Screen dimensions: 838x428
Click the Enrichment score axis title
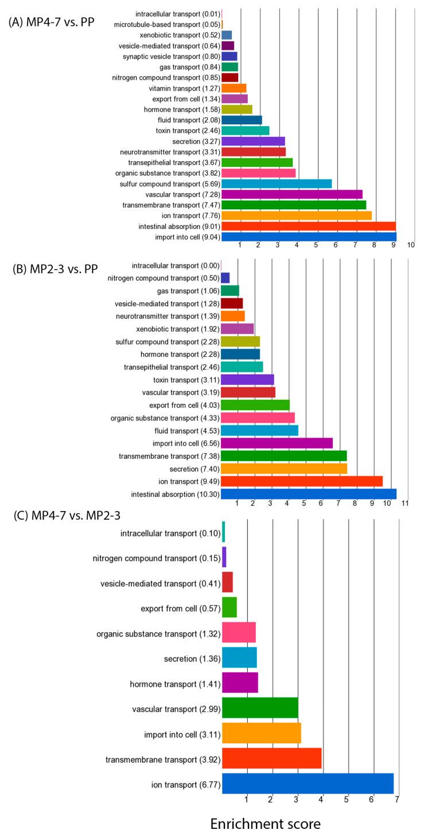pyautogui.click(x=265, y=824)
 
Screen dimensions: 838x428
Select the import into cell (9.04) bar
pyautogui.click(x=309, y=236)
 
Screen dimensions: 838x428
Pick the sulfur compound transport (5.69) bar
pyautogui.click(x=277, y=184)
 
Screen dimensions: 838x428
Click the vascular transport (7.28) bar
pyautogui.click(x=292, y=194)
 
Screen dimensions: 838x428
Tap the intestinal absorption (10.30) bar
pyautogui.click(x=309, y=494)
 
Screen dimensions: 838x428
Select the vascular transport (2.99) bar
pyautogui.click(x=260, y=708)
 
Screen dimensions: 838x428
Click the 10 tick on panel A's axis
pyautogui.click(x=411, y=245)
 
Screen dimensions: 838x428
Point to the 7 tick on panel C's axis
pyautogui.click(x=396, y=799)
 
